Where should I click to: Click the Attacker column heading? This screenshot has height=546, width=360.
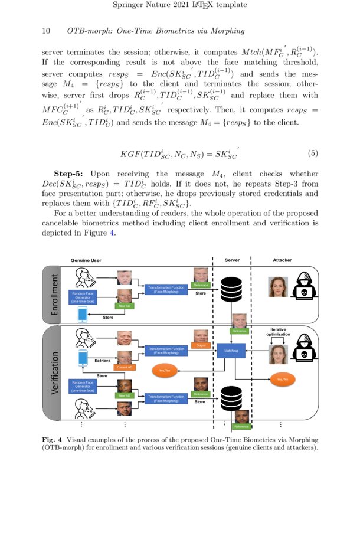(282, 260)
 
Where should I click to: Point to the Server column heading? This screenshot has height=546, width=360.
(232, 260)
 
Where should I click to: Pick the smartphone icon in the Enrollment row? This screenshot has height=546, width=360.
(83, 314)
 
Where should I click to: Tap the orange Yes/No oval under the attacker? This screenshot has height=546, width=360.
(283, 380)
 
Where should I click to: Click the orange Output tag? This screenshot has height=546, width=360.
(199, 345)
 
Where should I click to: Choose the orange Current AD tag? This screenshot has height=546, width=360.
(125, 367)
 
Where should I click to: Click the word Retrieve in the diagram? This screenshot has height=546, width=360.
(103, 359)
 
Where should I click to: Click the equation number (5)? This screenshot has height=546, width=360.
(313, 153)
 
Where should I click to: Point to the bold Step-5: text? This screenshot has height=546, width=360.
(70, 174)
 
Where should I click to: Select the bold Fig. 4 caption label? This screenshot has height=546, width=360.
(53, 440)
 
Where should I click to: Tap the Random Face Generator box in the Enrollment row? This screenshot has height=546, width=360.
(83, 297)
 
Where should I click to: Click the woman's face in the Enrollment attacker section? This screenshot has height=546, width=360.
(277, 287)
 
